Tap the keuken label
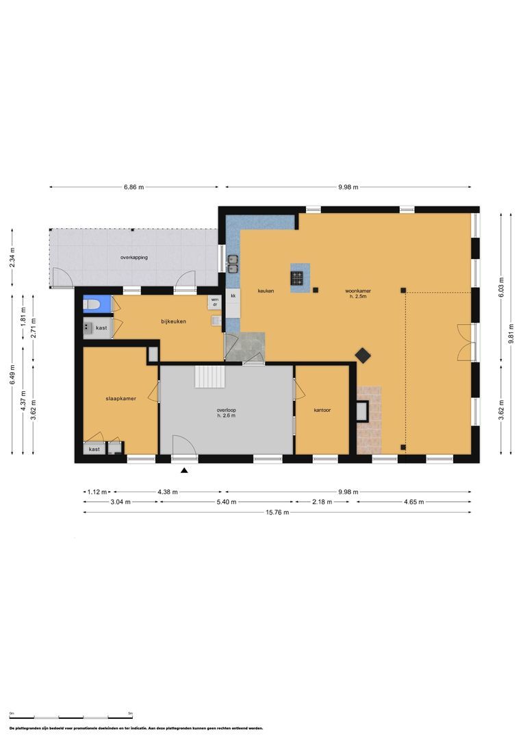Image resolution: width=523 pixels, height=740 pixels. tap(266, 291)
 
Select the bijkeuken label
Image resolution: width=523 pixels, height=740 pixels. tap(174, 321)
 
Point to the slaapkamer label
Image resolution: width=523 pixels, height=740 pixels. tap(120, 398)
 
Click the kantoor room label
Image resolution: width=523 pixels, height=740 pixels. tap(322, 410)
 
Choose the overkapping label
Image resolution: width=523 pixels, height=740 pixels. tap(134, 258)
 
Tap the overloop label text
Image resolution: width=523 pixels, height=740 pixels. tap(227, 410)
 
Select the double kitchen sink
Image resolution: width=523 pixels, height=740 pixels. tap(233, 260)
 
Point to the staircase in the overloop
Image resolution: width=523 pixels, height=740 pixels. tap(210, 376)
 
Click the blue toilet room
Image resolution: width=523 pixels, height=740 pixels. tap(92, 304)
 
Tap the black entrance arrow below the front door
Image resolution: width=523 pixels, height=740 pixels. tap(183, 470)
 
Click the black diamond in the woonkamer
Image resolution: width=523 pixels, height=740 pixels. tap(362, 355)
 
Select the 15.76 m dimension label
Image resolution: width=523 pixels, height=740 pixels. tap(277, 512)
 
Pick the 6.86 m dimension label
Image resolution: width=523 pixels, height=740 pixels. tap(134, 186)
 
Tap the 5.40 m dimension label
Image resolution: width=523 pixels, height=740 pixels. tap(226, 502)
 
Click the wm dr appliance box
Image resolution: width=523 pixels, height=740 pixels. tap(214, 301)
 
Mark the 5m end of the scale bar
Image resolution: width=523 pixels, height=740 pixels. tap(130, 713)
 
